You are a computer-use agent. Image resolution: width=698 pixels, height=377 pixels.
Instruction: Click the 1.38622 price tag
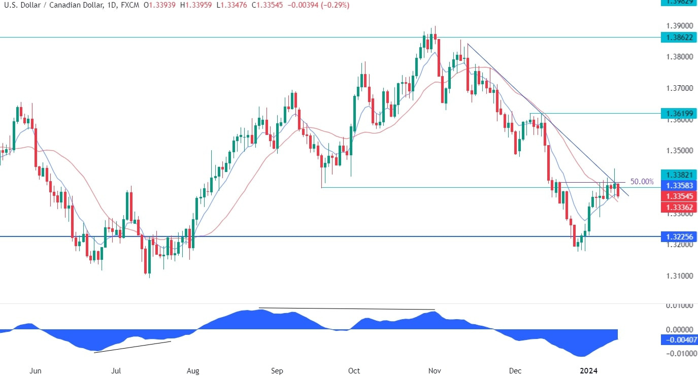click(x=679, y=37)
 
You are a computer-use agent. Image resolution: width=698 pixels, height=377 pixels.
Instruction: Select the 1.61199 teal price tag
click(x=679, y=113)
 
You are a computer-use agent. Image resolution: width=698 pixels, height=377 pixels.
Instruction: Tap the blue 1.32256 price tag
click(x=679, y=236)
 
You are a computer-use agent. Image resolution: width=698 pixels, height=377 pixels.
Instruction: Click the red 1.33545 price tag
click(x=679, y=196)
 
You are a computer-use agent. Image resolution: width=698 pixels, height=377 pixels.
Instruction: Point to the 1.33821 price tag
click(x=679, y=175)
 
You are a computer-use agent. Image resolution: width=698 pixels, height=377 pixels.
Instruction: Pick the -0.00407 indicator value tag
click(x=679, y=340)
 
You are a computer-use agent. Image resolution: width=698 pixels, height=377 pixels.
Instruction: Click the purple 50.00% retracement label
click(x=642, y=181)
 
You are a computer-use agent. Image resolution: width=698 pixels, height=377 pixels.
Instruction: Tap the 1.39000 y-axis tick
click(x=679, y=25)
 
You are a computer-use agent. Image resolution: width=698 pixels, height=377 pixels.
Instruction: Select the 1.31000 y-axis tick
click(x=679, y=276)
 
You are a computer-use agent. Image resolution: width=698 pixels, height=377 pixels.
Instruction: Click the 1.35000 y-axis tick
click(x=679, y=151)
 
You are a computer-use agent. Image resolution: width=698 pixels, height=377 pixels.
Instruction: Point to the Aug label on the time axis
click(x=193, y=371)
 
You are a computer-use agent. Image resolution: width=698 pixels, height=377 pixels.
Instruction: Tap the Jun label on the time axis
click(x=36, y=371)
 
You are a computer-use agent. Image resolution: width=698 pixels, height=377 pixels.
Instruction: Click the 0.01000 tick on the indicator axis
click(x=679, y=305)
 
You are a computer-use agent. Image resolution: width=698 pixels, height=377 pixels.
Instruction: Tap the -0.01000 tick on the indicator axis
click(x=679, y=353)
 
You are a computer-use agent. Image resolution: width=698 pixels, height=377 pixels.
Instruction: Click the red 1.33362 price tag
click(x=679, y=207)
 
